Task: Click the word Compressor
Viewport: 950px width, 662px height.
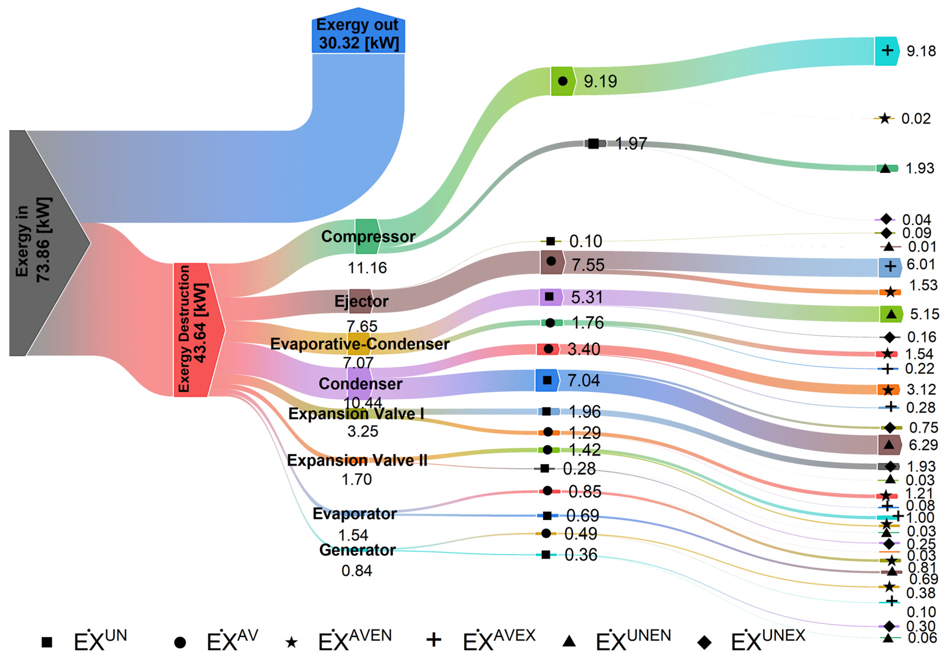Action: pyautogui.click(x=368, y=236)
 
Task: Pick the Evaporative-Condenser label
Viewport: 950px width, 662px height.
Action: pyautogui.click(x=360, y=344)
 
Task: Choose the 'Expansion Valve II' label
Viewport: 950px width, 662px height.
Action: pyautogui.click(x=357, y=460)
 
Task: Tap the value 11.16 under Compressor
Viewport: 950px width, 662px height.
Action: pyautogui.click(x=367, y=268)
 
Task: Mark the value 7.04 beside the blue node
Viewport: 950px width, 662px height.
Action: pyautogui.click(x=583, y=380)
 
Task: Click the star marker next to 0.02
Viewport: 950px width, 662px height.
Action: pyautogui.click(x=885, y=119)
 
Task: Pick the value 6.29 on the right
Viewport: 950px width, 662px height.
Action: pyautogui.click(x=923, y=445)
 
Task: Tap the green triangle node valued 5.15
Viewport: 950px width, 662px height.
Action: pyautogui.click(x=891, y=314)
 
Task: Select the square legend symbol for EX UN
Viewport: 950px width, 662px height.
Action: pyautogui.click(x=47, y=642)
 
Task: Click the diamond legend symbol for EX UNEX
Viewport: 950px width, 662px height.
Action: pyautogui.click(x=704, y=642)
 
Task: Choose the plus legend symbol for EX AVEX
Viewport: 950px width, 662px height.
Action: pyautogui.click(x=433, y=640)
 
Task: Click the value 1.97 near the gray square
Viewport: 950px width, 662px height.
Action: pyautogui.click(x=631, y=144)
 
